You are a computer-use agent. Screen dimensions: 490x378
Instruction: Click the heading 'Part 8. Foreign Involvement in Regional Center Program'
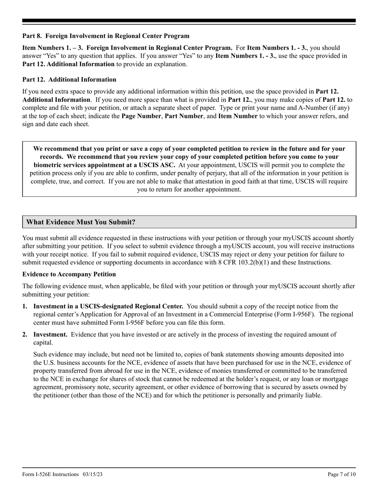(x=106, y=36)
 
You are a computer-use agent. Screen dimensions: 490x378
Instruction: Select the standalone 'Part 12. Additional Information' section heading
(x=69, y=79)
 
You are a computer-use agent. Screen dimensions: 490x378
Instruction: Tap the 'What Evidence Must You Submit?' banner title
(x=81, y=222)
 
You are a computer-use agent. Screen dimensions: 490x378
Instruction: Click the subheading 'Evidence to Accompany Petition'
(x=69, y=274)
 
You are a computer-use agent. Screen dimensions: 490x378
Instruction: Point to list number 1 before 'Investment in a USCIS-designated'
(x=25, y=306)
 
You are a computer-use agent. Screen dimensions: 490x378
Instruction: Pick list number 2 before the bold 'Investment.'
(x=25, y=334)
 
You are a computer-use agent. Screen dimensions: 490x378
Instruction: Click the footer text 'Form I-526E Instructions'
(x=51, y=474)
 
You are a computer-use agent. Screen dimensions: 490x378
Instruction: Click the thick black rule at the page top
(x=189, y=21)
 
